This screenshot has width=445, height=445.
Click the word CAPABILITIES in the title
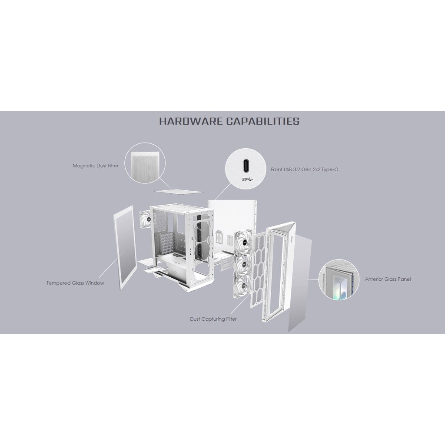point(262,121)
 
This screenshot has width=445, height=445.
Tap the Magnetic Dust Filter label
point(95,166)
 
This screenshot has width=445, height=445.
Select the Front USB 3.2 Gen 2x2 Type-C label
point(304,169)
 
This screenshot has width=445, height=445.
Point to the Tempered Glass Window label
point(75,283)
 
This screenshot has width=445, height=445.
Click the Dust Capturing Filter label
point(213,319)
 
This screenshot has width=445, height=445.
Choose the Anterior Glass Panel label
point(388,279)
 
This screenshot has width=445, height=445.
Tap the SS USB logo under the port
point(246,179)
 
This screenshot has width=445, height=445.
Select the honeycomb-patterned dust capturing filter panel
point(259,269)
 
